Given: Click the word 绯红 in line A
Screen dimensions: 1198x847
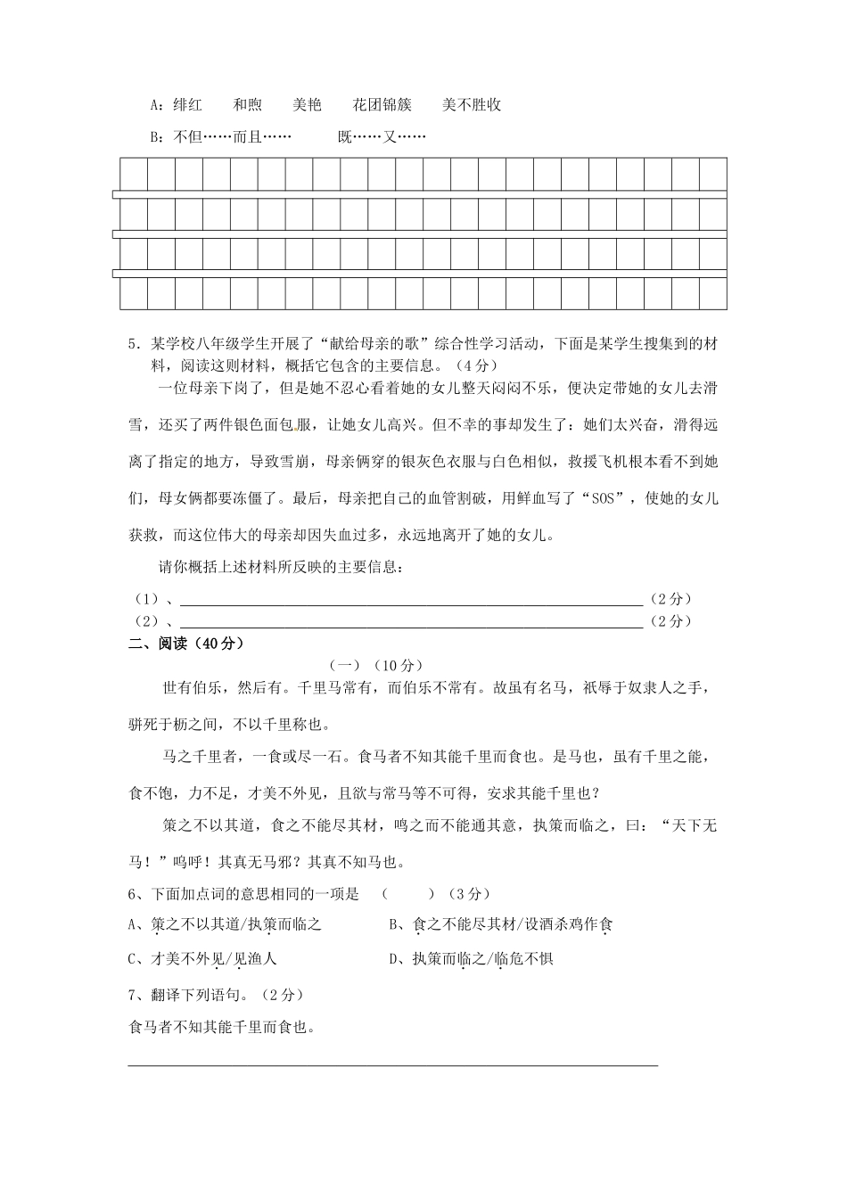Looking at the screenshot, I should click(187, 105).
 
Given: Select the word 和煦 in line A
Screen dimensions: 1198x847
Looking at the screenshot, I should click(247, 105).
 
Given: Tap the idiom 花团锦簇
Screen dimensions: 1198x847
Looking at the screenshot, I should click(382, 105).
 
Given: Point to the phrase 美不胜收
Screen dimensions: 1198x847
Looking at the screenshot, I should click(472, 105).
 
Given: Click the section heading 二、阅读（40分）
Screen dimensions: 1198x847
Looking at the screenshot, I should click(186, 644).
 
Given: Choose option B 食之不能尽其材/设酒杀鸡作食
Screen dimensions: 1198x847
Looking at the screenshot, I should click(500, 925).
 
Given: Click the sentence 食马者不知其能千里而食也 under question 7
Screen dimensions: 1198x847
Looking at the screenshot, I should click(223, 1028).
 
